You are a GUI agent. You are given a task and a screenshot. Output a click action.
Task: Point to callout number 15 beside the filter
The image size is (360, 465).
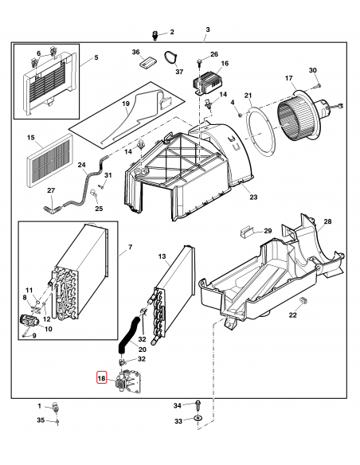[30, 139]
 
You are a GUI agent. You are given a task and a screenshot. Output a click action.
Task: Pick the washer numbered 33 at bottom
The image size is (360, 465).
[198, 420]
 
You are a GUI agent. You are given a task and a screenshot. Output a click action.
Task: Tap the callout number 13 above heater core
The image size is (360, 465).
[161, 256]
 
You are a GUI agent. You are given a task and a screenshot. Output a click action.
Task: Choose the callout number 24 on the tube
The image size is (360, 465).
[81, 166]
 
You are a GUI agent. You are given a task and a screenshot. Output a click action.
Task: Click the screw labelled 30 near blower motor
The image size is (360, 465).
[317, 85]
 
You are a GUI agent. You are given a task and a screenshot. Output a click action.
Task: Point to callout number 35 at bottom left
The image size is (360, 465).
[41, 420]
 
